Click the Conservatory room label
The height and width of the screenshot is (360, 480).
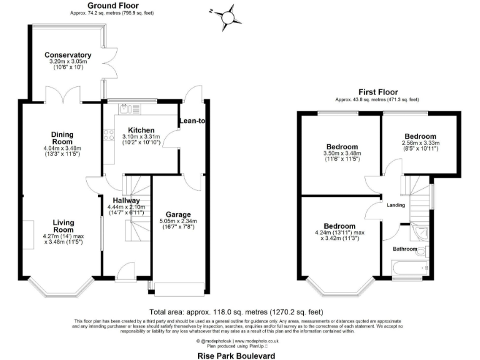[67, 55]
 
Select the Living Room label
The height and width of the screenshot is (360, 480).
[63, 226]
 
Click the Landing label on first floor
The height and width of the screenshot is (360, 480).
[396, 205]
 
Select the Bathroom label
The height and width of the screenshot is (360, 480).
[404, 249]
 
